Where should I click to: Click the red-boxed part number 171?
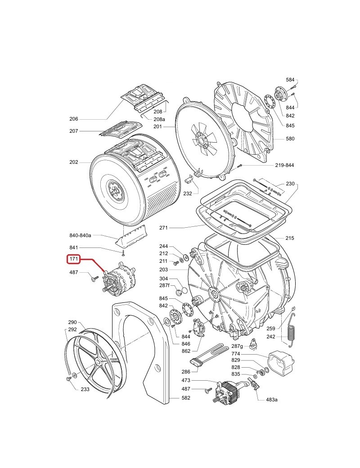[x=74, y=259]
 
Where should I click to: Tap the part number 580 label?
[x=290, y=139]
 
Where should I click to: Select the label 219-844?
[x=284, y=165]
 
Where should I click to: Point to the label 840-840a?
[x=81, y=235]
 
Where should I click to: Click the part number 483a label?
[x=271, y=400]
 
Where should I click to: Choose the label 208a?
[x=159, y=119]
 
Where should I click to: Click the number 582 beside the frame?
[x=186, y=398]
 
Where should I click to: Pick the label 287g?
[x=237, y=346]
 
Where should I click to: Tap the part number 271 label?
[x=163, y=228]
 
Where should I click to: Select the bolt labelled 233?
[x=68, y=379]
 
